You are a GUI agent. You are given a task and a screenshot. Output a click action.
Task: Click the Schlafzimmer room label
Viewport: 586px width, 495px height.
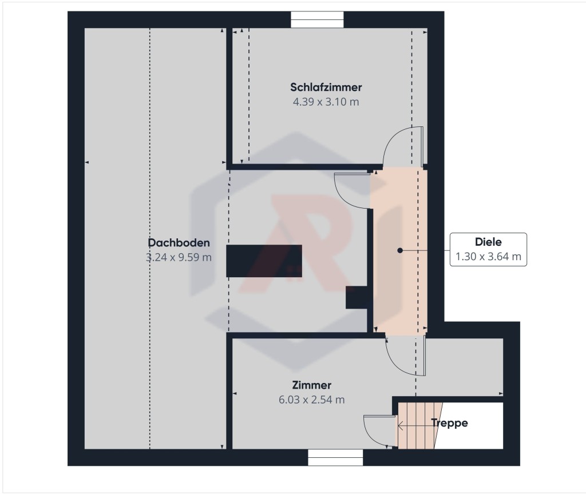click(x=326, y=87)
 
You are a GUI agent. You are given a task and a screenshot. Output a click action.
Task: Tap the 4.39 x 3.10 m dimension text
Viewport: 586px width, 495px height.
click(x=326, y=102)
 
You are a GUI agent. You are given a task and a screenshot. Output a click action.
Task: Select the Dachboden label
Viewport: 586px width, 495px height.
click(x=179, y=243)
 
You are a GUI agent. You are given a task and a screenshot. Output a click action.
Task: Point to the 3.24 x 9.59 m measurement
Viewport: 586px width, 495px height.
click(x=179, y=257)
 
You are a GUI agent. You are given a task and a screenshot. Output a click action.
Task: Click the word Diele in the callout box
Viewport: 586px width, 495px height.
click(x=488, y=242)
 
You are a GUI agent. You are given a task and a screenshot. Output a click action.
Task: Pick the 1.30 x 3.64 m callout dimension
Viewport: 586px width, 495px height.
click(x=488, y=257)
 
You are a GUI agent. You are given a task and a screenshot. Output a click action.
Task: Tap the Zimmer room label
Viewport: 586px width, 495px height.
click(x=312, y=385)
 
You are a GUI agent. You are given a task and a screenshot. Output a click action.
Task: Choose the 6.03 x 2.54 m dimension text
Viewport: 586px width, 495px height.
click(x=312, y=400)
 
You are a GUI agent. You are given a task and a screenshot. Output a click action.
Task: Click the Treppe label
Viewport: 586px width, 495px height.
click(x=449, y=423)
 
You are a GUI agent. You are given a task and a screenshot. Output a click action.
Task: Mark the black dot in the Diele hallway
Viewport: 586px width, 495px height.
click(x=400, y=250)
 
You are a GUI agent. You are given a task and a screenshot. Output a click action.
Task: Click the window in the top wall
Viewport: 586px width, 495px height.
click(x=317, y=19)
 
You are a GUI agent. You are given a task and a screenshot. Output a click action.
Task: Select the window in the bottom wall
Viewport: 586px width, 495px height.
click(x=335, y=457)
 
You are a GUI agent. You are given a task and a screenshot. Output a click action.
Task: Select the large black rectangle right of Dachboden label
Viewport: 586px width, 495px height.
click(x=264, y=261)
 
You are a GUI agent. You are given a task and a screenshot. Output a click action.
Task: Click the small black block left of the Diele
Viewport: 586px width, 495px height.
click(x=357, y=298)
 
